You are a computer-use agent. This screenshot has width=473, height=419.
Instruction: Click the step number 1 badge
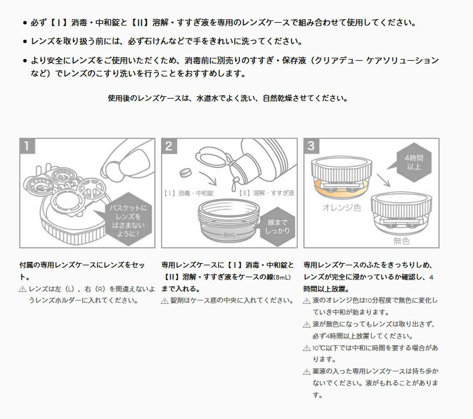(x=27, y=146)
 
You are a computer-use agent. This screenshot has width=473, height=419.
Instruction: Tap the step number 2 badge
(x=169, y=146)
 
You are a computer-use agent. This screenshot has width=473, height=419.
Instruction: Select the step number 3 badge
(x=311, y=146)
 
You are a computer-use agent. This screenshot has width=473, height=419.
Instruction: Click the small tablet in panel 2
(x=185, y=172)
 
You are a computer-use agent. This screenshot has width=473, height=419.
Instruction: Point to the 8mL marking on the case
(x=229, y=235)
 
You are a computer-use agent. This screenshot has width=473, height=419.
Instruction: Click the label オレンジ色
(x=341, y=208)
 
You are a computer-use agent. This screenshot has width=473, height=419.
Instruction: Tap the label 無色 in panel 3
(x=401, y=241)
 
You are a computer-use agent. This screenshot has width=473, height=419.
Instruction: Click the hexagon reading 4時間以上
(x=414, y=162)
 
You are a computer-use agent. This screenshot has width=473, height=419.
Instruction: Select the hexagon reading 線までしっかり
(x=277, y=227)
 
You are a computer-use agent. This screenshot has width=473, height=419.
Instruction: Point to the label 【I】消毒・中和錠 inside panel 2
(x=188, y=193)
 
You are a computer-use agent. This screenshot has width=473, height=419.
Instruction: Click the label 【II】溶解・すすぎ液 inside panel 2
(x=267, y=193)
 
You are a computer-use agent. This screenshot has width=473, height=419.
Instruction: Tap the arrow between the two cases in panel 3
(x=383, y=180)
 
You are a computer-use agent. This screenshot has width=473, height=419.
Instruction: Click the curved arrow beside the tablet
(x=209, y=177)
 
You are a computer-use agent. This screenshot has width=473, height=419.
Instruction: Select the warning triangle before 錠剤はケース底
(x=164, y=301)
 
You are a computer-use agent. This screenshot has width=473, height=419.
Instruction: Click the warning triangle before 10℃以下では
(x=306, y=348)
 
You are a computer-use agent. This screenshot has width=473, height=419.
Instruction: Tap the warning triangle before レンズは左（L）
(x=23, y=289)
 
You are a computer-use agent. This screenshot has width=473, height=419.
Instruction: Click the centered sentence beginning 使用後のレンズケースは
(x=228, y=98)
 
